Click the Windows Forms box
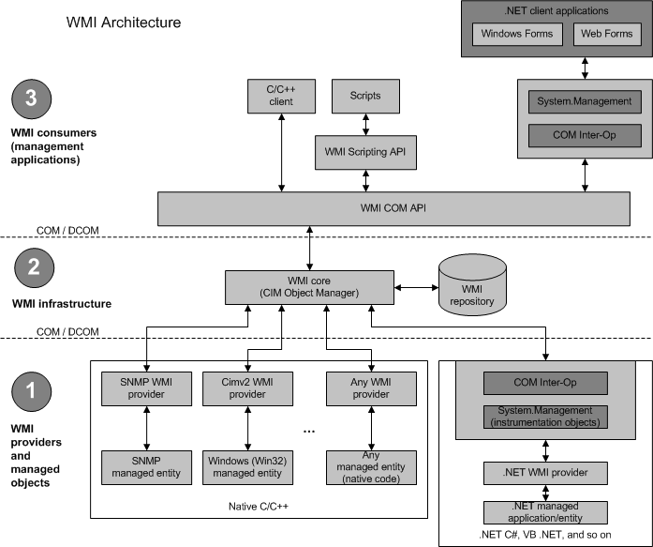[x=517, y=35]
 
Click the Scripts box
[x=358, y=95]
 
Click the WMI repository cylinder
[x=472, y=285]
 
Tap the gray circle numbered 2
[x=32, y=266]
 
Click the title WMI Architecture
[x=124, y=21]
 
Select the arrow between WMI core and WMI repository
[x=415, y=285]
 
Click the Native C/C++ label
[x=258, y=506]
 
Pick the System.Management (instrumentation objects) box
[x=544, y=417]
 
